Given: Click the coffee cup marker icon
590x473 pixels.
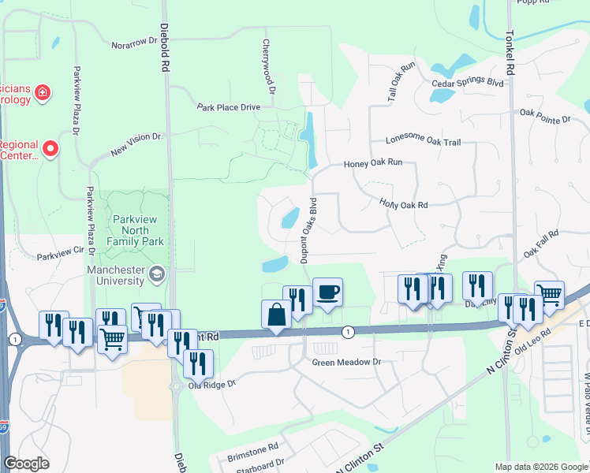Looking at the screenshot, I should click(x=327, y=292).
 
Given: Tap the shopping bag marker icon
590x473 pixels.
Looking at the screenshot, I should click(x=277, y=315).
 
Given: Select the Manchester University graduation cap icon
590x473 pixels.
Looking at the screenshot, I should click(x=156, y=273).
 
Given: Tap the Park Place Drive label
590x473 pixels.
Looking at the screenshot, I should click(x=228, y=106).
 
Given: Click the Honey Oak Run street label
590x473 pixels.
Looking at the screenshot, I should click(x=373, y=163).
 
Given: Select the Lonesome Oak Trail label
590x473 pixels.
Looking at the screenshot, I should click(x=423, y=140).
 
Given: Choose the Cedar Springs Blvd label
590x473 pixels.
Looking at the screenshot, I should click(x=467, y=82).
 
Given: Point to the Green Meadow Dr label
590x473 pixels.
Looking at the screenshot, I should click(x=346, y=363).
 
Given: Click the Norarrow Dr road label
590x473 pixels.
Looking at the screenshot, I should click(x=135, y=43).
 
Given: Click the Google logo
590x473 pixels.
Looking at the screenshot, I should click(x=26, y=464).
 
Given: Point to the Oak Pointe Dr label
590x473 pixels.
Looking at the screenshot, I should click(x=544, y=117).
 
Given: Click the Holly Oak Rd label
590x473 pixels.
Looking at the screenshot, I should click(x=403, y=203).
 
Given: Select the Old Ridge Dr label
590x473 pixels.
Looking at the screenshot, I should click(x=211, y=385).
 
